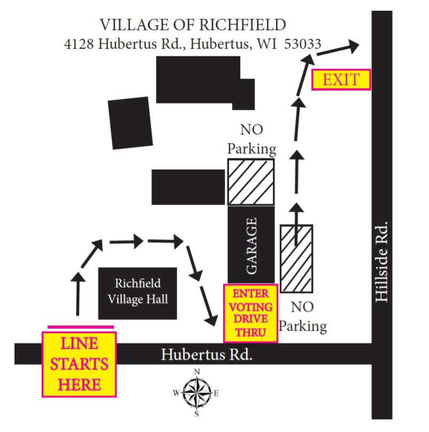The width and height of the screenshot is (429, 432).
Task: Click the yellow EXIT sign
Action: coord(341,80)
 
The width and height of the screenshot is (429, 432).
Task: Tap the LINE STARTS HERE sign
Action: coord(79,364)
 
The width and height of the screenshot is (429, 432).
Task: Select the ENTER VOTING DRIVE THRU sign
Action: coord(250,313)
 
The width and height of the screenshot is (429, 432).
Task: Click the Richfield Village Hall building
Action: coord(137,293)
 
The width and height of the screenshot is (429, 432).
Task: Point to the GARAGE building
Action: coord(251,245)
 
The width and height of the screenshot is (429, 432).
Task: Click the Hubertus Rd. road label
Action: coord(206,354)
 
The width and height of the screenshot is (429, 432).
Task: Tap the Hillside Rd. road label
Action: coord(382,261)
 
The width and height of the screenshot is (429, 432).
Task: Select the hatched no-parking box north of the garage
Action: coord(251,182)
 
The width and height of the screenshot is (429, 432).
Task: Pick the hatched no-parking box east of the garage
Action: coord(296,259)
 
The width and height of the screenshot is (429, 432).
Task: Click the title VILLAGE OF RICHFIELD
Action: coord(193,25)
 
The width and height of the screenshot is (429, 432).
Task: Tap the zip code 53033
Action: coord(303,44)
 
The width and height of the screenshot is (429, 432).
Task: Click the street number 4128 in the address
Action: coord(79,44)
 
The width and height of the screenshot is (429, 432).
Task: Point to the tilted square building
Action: coord(131,123)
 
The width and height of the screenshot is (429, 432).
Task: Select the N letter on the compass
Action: coord(197,372)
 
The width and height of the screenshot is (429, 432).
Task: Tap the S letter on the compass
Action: coord(197,414)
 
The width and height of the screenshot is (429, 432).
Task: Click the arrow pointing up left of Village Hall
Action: coord(78,294)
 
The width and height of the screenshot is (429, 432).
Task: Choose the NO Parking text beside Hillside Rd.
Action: coord(303,317)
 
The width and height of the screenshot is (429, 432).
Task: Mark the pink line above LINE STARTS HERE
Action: coord(81,327)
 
